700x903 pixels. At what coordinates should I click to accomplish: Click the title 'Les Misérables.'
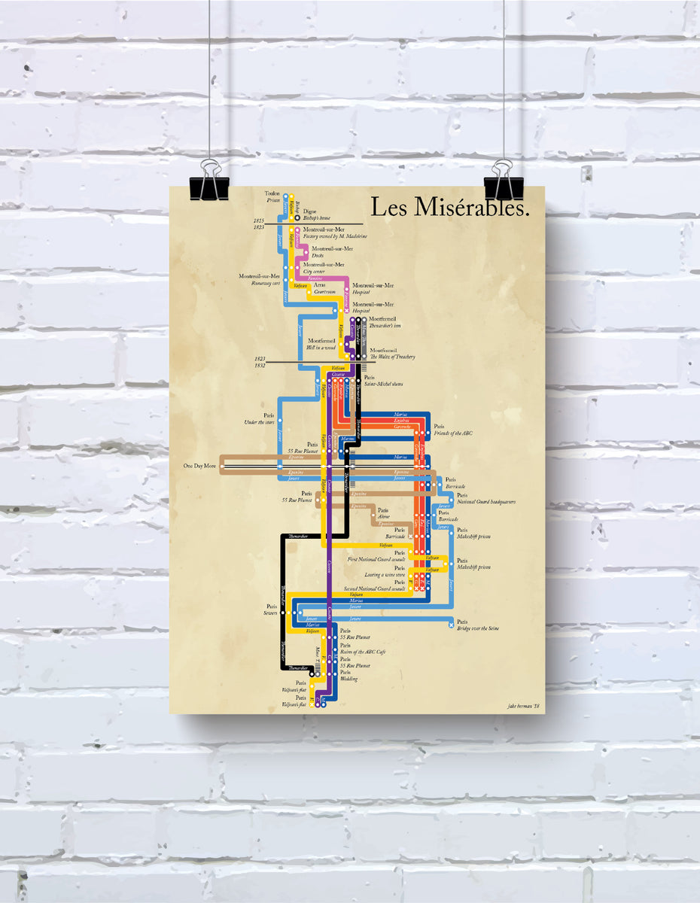(x=450, y=208)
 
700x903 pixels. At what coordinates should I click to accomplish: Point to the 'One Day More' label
(x=199, y=466)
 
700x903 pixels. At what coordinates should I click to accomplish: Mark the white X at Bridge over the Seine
(x=451, y=625)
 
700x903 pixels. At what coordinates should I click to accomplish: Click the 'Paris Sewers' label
(x=271, y=610)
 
